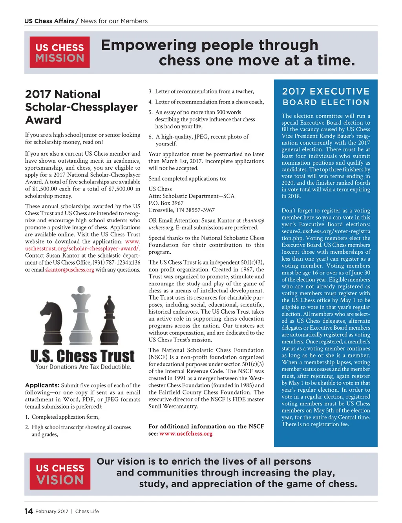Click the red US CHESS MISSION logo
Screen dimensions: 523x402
(60, 52)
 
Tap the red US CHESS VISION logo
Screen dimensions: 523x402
(60, 474)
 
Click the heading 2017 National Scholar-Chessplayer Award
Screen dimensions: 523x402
(81, 107)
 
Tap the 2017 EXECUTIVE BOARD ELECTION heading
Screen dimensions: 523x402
(326, 96)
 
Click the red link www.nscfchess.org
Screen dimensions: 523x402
(186, 434)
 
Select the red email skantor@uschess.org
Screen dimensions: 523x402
(69, 270)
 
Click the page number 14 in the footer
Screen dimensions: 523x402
(29, 511)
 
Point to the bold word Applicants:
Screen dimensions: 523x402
(42, 385)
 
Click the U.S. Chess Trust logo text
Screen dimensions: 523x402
(82, 356)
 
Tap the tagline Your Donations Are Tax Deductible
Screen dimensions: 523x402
(83, 367)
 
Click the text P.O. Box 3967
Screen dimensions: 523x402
(166, 203)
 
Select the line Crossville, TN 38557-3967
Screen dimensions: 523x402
(181, 210)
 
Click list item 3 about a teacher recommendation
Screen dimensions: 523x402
(201, 91)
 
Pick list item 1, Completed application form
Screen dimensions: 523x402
(62, 417)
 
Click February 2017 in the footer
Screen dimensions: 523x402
(52, 511)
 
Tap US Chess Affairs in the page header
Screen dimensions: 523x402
(49, 21)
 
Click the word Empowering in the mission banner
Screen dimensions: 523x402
(148, 45)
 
